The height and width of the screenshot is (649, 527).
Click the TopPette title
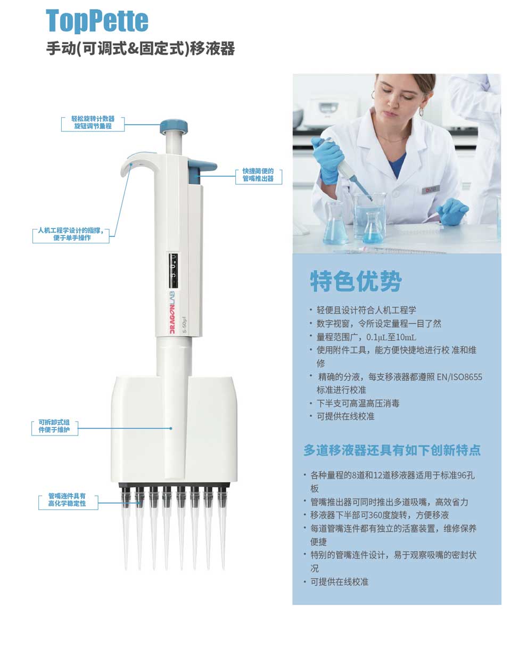97,21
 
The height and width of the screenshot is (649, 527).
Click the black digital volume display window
174,270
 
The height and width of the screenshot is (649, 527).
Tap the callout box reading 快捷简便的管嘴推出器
259,175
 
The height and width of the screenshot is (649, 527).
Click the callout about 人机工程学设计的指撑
71,234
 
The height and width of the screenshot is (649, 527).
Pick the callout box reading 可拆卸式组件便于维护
55,426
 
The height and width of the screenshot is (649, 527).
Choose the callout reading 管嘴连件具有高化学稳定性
68,500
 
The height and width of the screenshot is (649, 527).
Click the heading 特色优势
356,281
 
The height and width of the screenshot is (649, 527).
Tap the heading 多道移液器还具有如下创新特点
392,450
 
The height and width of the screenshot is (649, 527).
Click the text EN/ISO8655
459,377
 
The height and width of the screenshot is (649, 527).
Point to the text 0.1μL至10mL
391,337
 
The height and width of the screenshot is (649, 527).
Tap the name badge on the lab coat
431,190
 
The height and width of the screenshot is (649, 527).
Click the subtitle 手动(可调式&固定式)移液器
141,48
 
